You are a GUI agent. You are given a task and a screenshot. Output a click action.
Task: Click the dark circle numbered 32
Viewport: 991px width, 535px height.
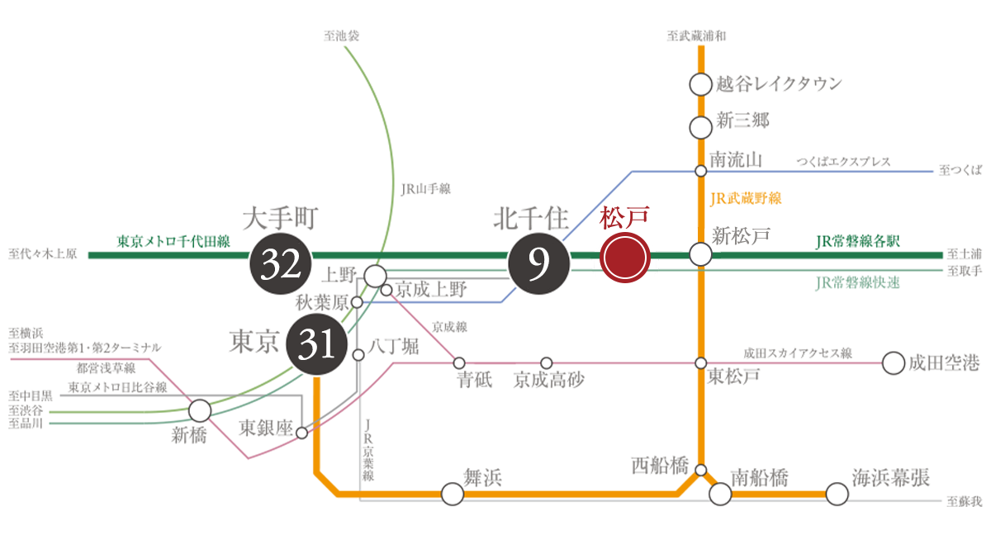(x=280, y=263)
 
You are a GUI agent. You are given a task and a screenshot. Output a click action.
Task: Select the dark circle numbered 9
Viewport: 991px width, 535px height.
(x=538, y=263)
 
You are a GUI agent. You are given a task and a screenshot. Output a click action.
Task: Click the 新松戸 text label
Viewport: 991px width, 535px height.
(x=742, y=234)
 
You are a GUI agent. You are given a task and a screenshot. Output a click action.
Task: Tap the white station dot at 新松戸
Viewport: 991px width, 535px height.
(x=700, y=255)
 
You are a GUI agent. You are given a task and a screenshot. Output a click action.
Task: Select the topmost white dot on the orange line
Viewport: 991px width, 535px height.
(x=700, y=84)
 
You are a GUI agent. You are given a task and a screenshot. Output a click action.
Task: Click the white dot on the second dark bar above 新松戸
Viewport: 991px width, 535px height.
(x=700, y=128)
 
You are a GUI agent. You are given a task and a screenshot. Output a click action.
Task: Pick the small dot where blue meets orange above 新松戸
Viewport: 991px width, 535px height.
(x=700, y=171)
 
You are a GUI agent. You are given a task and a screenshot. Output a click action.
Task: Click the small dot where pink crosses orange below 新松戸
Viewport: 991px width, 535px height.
(x=700, y=363)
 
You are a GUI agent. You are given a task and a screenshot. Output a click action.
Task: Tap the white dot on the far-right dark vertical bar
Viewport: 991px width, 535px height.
(x=893, y=363)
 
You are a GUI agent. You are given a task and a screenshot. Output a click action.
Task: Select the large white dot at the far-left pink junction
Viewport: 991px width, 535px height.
(x=199, y=410)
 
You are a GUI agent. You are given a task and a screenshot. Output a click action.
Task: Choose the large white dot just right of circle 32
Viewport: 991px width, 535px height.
(x=375, y=275)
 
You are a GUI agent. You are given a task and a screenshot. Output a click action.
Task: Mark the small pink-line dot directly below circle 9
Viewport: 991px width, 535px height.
(x=546, y=363)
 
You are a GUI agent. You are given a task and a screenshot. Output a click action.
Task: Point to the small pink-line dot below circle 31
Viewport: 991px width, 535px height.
(x=301, y=432)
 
